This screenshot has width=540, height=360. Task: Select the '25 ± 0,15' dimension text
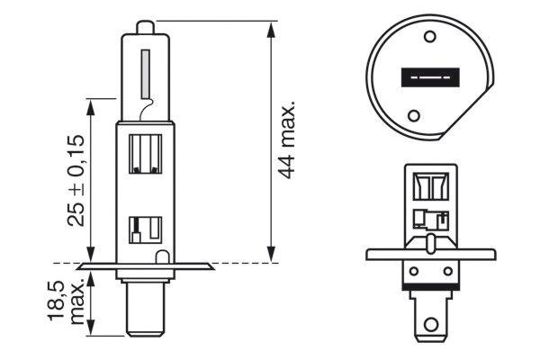click(x=77, y=179)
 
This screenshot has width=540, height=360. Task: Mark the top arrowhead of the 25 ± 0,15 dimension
click(x=91, y=104)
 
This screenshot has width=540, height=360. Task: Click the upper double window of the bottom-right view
click(x=431, y=185)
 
